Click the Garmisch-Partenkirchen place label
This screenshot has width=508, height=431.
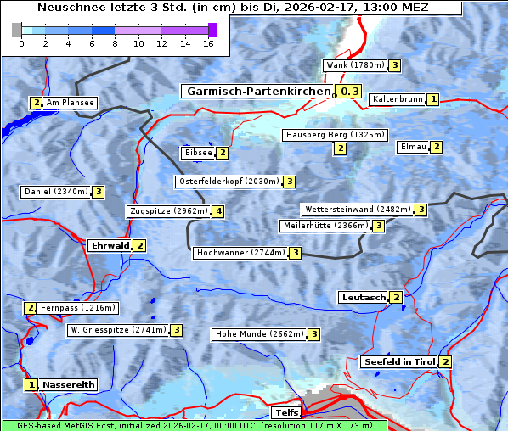click(x=257, y=92)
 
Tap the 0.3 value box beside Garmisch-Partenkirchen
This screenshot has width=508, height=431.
click(x=348, y=92)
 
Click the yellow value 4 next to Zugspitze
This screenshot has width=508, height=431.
click(x=218, y=211)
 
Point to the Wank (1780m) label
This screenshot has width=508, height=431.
click(x=355, y=65)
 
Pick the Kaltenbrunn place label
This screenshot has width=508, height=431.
click(x=397, y=99)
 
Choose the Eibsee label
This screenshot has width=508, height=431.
click(x=197, y=153)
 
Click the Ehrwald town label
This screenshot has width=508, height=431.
click(x=110, y=246)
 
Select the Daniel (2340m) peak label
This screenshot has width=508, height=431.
click(x=55, y=192)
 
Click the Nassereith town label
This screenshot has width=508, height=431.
click(x=68, y=384)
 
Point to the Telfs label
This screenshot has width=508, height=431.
click(x=285, y=413)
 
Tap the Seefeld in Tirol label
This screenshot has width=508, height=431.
click(x=398, y=362)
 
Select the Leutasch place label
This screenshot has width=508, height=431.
click(x=363, y=298)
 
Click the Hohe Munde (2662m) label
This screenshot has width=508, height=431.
click(x=259, y=334)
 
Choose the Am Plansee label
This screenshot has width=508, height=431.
click(x=70, y=103)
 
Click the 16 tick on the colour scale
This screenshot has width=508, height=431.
click(x=208, y=43)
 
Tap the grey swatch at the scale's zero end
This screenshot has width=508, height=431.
click(x=17, y=30)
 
